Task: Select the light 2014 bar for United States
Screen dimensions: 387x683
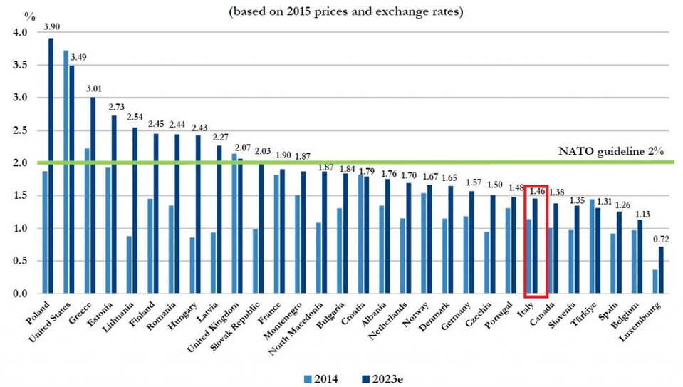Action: coord(66,172)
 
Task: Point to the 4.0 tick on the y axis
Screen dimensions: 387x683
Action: coord(20,33)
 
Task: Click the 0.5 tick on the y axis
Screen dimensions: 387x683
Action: coord(20,261)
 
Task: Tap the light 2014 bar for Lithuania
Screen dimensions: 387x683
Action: coord(129,264)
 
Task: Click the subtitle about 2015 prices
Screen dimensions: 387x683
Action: coord(342,12)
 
